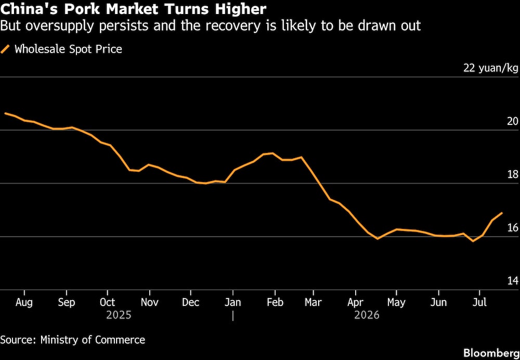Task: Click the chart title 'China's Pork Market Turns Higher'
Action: point(133,9)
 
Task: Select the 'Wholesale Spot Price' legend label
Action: point(68,49)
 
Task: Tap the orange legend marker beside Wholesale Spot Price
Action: point(5,49)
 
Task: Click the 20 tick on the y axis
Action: point(513,121)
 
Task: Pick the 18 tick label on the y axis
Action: point(513,174)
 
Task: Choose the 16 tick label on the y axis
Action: point(513,228)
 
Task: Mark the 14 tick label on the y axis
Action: point(513,281)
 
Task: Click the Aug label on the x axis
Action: point(24,303)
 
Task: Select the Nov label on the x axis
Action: point(150,303)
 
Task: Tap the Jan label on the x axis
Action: point(233,303)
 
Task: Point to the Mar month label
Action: point(314,303)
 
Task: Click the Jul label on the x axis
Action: point(479,303)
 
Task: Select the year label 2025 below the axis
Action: point(119,315)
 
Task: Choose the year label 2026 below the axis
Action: point(367,315)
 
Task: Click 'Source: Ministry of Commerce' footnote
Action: point(73,340)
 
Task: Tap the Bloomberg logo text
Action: point(491,353)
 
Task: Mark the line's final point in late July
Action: point(502,213)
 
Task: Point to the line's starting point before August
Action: point(5,113)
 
